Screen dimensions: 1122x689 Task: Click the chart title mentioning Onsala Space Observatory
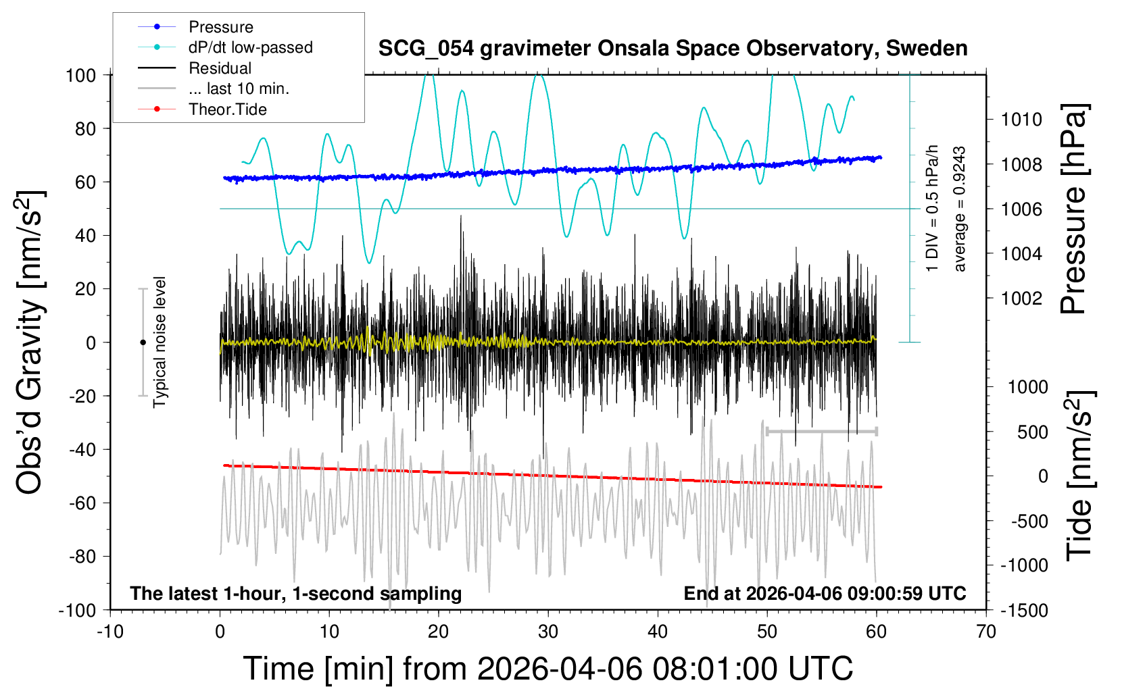pos(673,48)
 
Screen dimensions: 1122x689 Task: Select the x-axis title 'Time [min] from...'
pos(548,669)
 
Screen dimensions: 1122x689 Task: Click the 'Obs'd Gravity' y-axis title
pos(29,342)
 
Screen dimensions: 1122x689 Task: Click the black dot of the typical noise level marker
pos(143,342)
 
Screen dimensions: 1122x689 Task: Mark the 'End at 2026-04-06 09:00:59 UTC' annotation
pos(825,593)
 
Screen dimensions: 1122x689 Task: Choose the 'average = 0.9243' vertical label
pos(959,209)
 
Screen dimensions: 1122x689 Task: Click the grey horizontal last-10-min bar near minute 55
pos(822,431)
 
